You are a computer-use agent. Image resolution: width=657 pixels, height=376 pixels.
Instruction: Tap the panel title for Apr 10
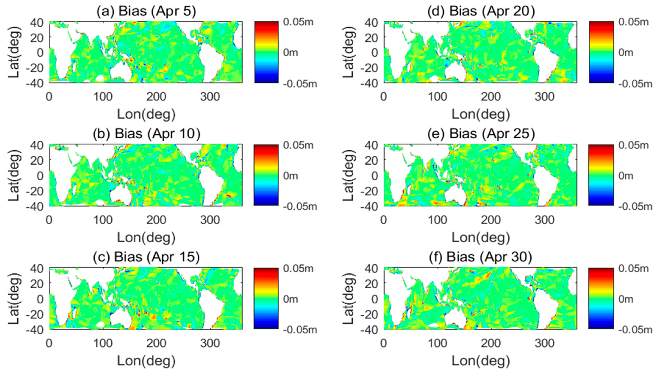pos(146,134)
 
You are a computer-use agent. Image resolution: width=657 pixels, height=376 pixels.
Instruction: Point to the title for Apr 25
pos(481,134)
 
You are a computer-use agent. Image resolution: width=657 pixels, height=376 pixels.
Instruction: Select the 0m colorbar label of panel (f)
pos(626,299)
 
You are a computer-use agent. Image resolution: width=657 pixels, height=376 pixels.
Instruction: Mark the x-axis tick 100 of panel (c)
pos(103,343)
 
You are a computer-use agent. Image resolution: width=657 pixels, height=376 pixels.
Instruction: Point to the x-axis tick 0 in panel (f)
pos(384,343)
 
